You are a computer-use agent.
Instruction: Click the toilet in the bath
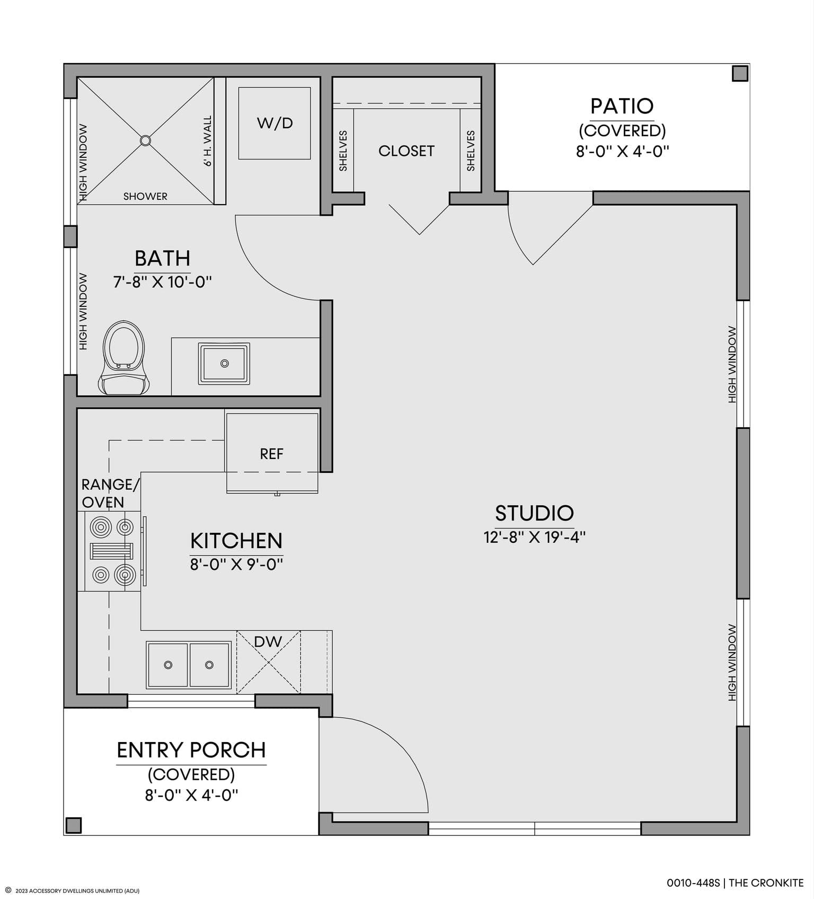(123, 358)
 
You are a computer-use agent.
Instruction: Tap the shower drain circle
(145, 140)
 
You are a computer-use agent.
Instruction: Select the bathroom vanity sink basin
(224, 364)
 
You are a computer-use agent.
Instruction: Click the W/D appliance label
(275, 123)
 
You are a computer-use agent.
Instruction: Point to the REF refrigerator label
(271, 454)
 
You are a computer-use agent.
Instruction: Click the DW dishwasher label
(268, 641)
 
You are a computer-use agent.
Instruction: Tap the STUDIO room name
(534, 513)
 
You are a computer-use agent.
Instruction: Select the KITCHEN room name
(236, 541)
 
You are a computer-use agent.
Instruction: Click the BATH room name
(162, 258)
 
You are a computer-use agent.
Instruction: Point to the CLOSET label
(406, 151)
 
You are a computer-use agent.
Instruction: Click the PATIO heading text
(622, 106)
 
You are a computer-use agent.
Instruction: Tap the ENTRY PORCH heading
(191, 750)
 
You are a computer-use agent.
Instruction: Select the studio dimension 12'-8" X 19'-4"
(534, 537)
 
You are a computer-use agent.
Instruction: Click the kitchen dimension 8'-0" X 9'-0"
(236, 564)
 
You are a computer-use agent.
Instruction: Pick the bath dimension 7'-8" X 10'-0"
(162, 281)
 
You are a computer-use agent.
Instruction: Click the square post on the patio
(740, 73)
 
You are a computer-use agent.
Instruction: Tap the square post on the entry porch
(74, 825)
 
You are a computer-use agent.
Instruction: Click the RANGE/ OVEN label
(110, 493)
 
